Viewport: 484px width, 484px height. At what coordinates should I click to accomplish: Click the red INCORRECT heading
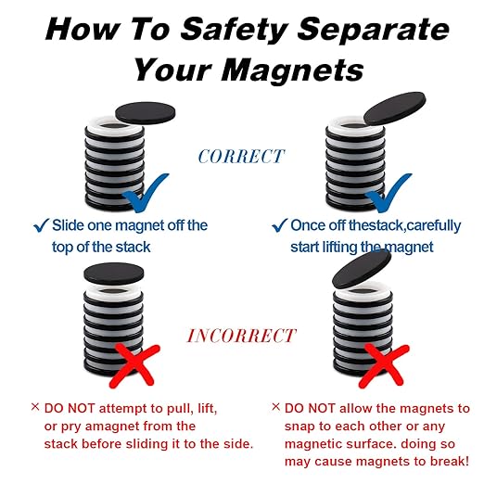click(241, 335)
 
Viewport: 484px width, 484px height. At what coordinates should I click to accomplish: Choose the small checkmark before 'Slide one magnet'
click(40, 226)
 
